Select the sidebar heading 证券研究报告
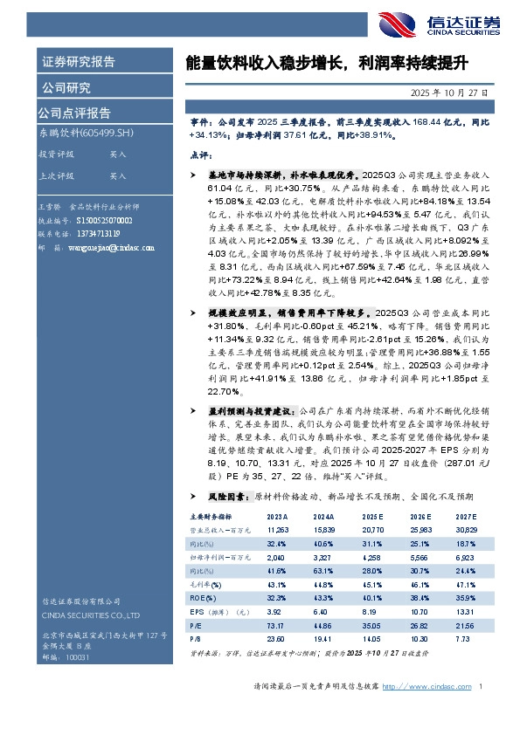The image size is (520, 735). (x=79, y=61)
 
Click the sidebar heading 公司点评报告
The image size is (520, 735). (x=73, y=112)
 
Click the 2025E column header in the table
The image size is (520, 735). (x=373, y=517)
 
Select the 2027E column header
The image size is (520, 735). (x=466, y=517)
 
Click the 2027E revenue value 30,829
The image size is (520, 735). (x=466, y=530)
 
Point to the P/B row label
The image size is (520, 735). (x=196, y=638)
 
